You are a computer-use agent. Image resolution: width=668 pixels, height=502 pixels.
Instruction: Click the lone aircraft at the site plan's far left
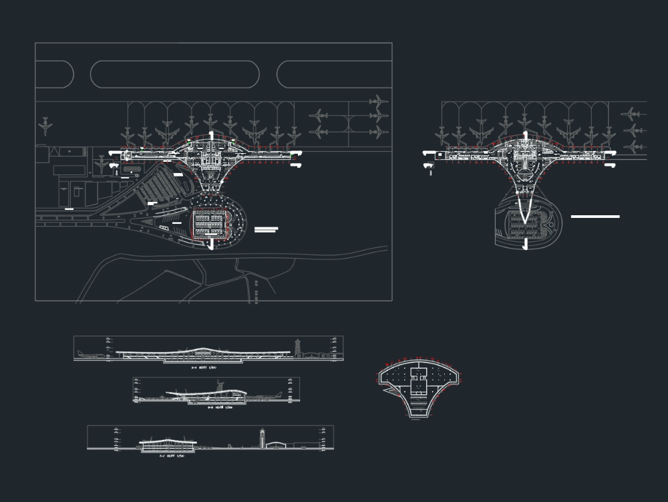(45, 125)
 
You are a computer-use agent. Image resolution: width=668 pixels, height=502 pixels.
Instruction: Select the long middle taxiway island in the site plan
(174, 74)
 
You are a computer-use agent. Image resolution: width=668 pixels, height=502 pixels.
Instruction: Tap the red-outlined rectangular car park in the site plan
(212, 224)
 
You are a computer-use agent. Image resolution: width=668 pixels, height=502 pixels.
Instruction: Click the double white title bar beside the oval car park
(266, 230)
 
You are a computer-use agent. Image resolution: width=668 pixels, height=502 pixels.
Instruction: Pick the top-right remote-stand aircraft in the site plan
(378, 102)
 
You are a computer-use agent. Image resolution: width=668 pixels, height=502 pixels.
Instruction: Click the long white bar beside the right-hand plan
(595, 217)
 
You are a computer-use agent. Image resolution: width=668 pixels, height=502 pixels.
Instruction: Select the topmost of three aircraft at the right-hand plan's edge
(631, 114)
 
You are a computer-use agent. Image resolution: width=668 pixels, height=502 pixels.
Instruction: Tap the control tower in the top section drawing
(297, 346)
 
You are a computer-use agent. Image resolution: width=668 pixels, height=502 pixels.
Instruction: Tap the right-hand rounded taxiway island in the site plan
(334, 74)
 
